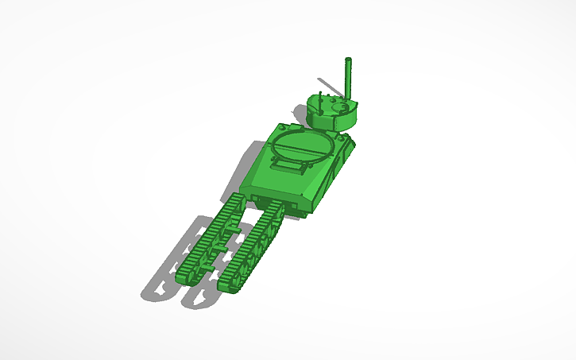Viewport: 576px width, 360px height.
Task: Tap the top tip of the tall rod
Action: pyautogui.click(x=347, y=60)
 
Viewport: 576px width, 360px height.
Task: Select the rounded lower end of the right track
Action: pyautogui.click(x=230, y=283)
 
